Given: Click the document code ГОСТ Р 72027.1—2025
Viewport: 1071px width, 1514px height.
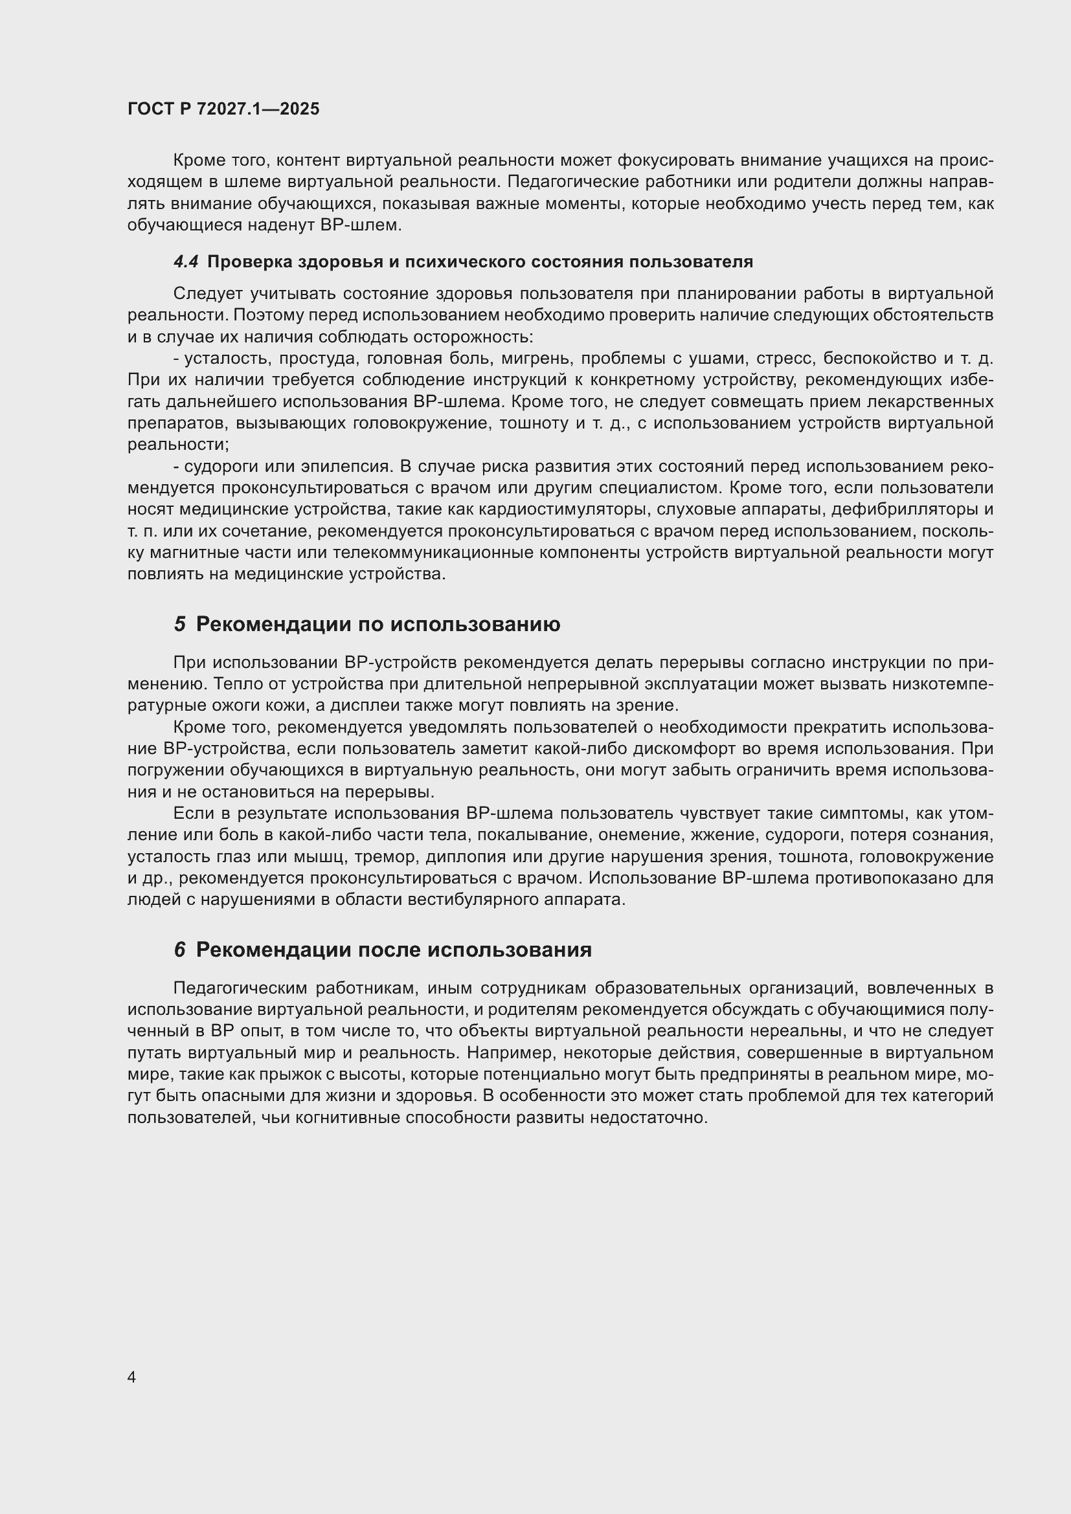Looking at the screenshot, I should click(223, 109).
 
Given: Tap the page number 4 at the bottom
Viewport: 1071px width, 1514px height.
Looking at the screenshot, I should click(131, 1377).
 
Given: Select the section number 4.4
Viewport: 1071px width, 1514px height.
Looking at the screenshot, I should click(185, 262).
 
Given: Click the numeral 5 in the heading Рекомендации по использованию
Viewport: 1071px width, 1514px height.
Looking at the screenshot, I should click(179, 624).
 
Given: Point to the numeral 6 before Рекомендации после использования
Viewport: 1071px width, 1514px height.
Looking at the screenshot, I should click(179, 950).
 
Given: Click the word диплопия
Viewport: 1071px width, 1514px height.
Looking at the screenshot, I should click(459, 856).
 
